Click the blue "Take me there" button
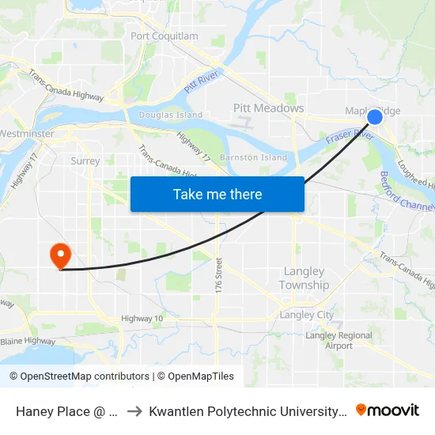coord(217,194)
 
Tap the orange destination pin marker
coord(60,255)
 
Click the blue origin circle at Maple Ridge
coord(375,117)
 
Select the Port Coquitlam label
coord(165,36)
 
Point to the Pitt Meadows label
coord(268,108)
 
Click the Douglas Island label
coord(171,115)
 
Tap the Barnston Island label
coord(253,157)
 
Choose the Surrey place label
coord(85,161)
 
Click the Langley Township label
coord(304,278)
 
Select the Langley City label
coord(307,315)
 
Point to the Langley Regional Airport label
coord(339,341)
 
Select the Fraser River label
coord(349,142)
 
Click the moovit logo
coord(388,410)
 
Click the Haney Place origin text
coord(67,410)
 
